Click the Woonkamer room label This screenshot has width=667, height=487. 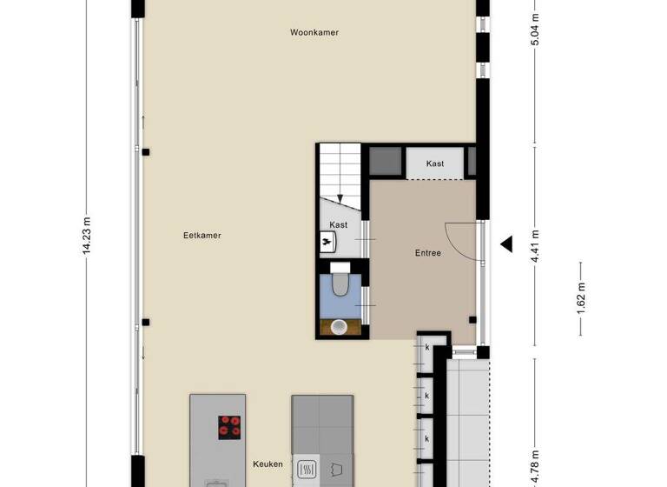tap(314, 32)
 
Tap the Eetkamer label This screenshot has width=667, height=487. tap(201, 235)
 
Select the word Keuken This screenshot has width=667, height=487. tap(268, 464)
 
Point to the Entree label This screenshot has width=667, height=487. tap(427, 253)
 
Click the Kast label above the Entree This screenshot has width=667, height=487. tap(435, 163)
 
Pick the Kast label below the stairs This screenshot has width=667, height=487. tap(339, 224)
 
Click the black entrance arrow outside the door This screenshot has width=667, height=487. tap(506, 244)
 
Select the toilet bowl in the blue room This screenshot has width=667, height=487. tap(340, 284)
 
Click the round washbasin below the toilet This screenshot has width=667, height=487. tap(340, 327)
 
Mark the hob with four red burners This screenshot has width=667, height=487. tap(230, 425)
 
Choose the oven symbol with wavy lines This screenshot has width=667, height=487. tap(307, 470)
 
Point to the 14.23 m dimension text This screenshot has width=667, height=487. tap(87, 235)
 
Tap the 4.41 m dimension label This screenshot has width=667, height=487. tap(535, 245)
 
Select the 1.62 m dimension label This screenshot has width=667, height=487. tap(581, 299)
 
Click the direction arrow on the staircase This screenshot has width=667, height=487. tap(340, 198)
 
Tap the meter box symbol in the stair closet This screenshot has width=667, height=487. tap(327, 242)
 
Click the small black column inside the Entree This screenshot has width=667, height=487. tap(472, 319)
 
